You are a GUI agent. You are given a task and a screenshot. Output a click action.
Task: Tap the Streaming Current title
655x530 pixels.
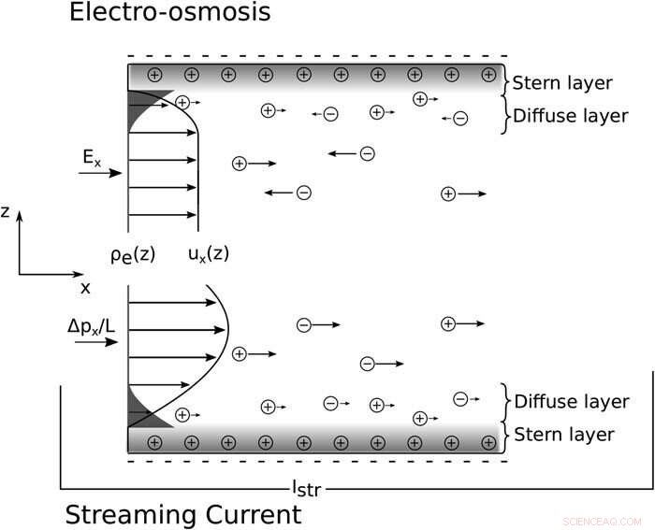click(x=183, y=514)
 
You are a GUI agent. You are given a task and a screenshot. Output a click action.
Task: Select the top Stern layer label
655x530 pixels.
click(x=562, y=83)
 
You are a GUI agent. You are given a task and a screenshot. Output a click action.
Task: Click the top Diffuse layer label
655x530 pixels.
click(x=570, y=117)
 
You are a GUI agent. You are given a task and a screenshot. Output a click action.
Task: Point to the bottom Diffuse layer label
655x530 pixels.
click(x=570, y=401)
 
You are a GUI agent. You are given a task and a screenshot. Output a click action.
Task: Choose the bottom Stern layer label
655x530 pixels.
click(x=562, y=434)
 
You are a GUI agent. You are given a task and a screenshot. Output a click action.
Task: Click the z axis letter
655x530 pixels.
click(x=6, y=212)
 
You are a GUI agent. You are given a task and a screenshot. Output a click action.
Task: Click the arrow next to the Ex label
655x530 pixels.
click(x=99, y=173)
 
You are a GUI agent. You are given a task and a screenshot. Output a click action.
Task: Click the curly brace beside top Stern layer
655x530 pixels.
click(x=506, y=82)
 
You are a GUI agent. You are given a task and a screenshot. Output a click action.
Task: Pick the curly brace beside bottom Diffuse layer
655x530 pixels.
click(x=506, y=401)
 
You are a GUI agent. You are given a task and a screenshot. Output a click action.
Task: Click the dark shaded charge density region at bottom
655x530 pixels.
click(x=138, y=409)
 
